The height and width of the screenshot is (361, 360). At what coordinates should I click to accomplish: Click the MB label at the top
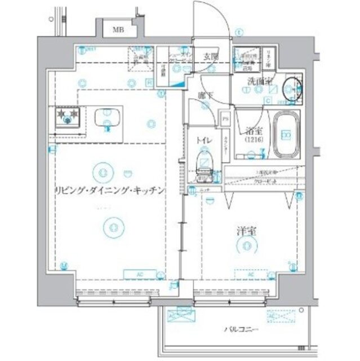(x=118, y=30)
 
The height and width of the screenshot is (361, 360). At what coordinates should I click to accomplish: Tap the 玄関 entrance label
(x=211, y=56)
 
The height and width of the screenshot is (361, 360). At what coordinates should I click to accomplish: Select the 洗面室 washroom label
(x=260, y=82)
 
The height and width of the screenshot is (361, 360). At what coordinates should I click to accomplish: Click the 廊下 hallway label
(x=205, y=96)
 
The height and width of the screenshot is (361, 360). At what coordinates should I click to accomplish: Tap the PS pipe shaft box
(x=225, y=118)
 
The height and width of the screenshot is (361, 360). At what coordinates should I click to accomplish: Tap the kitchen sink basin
(x=106, y=118)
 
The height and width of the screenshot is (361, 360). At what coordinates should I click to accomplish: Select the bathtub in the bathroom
(x=286, y=135)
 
